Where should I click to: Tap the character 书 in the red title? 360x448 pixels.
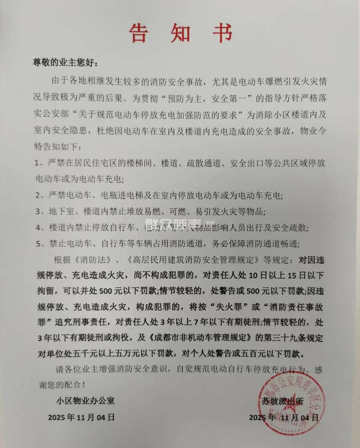tap(222, 33)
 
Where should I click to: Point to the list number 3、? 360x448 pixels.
tap(41, 211)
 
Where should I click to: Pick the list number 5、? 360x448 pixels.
tap(41, 244)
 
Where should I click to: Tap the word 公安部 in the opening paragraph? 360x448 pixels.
tap(56, 114)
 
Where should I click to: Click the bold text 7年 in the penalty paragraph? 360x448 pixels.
tap(206, 322)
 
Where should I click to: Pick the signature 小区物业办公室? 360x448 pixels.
tap(86, 400)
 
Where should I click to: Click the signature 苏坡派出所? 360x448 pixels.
tap(282, 401)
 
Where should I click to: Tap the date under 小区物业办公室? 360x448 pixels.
tap(81, 417)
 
